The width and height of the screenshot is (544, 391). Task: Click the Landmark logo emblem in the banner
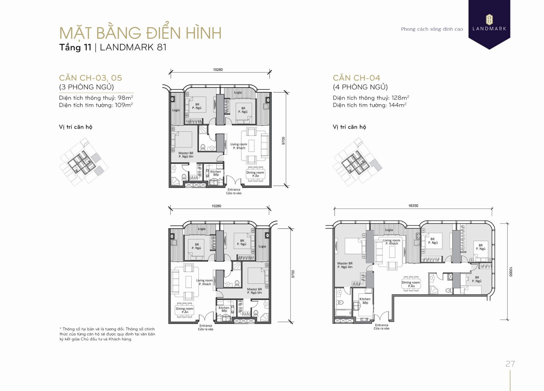(x=489, y=19)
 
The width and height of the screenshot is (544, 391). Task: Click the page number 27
(x=510, y=364)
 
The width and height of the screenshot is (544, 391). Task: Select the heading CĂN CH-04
(x=356, y=78)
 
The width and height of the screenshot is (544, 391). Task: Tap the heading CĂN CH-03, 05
(x=90, y=78)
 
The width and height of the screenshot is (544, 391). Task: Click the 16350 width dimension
(x=413, y=206)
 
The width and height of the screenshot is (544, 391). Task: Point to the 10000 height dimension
(x=510, y=271)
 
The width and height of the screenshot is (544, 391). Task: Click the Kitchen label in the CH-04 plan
(x=365, y=301)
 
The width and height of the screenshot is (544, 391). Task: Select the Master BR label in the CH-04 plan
(x=345, y=265)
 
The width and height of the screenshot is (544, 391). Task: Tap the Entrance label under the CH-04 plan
(x=381, y=327)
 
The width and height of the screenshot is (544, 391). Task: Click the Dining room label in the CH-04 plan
(x=411, y=284)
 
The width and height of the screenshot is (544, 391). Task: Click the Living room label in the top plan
(x=239, y=146)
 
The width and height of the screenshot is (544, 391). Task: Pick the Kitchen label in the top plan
(x=216, y=173)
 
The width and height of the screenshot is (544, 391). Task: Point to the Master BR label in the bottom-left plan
(x=254, y=291)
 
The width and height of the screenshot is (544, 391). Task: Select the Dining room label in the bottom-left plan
(x=184, y=310)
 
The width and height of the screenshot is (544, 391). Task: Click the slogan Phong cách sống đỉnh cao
(x=432, y=29)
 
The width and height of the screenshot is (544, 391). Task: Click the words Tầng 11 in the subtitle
(x=75, y=47)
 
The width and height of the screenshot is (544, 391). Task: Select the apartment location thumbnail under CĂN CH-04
(x=357, y=162)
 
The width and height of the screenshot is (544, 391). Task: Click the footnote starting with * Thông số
(x=107, y=334)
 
